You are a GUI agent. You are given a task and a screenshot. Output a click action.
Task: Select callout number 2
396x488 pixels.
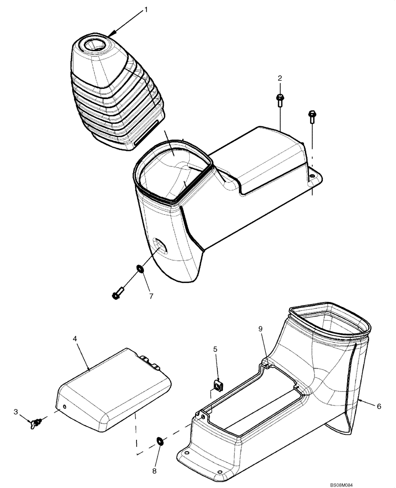[x=280, y=78]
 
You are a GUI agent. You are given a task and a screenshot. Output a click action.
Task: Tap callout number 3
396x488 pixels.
[x=16, y=412]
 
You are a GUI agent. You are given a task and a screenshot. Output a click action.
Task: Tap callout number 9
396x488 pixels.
[x=260, y=329]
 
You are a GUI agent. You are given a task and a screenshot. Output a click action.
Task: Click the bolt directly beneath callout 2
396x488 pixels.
[x=280, y=100]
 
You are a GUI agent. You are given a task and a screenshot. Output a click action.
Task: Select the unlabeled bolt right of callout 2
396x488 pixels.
[x=311, y=117]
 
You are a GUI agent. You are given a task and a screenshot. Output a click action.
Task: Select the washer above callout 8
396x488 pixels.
[x=159, y=442]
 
